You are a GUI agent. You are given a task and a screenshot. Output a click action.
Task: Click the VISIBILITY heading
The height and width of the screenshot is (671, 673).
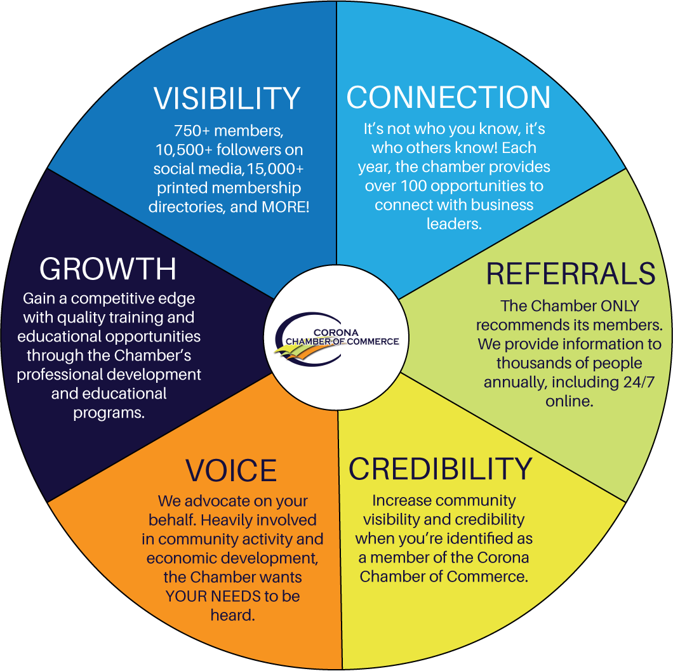pyautogui.click(x=227, y=98)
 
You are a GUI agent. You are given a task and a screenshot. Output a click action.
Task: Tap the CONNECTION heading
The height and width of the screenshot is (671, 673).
pyautogui.click(x=448, y=97)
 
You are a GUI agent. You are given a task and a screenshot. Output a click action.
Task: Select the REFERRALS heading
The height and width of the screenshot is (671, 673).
pyautogui.click(x=570, y=274)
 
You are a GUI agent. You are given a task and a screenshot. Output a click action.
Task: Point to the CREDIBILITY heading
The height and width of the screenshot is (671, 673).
pyautogui.click(x=440, y=468)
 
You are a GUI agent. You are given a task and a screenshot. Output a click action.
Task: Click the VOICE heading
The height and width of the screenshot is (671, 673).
pyautogui.click(x=231, y=470)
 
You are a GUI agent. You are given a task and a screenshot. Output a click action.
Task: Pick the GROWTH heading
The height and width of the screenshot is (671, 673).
pyautogui.click(x=108, y=269)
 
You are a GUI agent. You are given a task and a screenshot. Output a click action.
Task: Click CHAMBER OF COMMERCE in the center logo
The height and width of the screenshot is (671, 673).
pyautogui.click(x=342, y=342)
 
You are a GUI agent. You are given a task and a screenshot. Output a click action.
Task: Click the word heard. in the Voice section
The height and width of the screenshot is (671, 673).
pyautogui.click(x=232, y=615)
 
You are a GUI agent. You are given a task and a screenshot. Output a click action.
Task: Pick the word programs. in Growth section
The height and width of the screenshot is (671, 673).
pyautogui.click(x=109, y=413)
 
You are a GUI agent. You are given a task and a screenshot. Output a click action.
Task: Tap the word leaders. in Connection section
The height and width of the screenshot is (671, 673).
pyautogui.click(x=453, y=224)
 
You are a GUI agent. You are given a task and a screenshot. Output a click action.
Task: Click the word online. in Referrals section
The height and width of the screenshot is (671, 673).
pyautogui.click(x=570, y=402)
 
